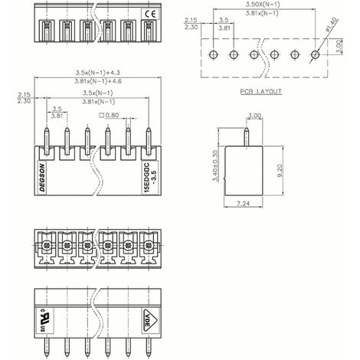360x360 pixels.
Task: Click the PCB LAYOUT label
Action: pyautogui.click(x=260, y=90)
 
